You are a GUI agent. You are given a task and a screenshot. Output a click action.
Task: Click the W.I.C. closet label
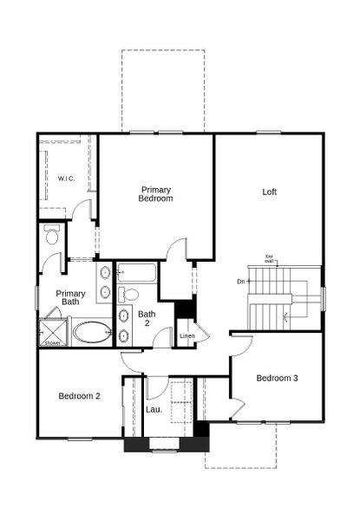pyautogui.click(x=67, y=179)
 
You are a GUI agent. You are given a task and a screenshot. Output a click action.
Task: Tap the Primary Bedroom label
pyautogui.click(x=156, y=194)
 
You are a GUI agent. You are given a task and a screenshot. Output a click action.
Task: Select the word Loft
pyautogui.click(x=270, y=192)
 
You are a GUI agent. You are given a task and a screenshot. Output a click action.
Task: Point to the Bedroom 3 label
pyautogui.click(x=278, y=378)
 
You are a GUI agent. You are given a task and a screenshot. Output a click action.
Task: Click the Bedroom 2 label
pyautogui.click(x=80, y=396)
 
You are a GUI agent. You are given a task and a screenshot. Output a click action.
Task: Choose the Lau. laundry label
pyautogui.click(x=154, y=408)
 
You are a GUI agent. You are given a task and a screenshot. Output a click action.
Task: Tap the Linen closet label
pyautogui.click(x=186, y=336)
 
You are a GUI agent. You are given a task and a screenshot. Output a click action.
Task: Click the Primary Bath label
pyautogui.click(x=70, y=297)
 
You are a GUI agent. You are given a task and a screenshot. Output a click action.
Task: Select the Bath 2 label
pyautogui.click(x=147, y=318)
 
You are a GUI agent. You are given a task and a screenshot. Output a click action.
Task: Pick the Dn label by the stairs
pyautogui.click(x=240, y=282)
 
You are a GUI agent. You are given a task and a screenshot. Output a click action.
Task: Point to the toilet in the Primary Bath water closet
pyautogui.click(x=51, y=235)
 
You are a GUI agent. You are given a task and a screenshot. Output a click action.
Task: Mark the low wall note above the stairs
pyautogui.click(x=269, y=257)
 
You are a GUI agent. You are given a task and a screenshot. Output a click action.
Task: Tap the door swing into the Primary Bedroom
pyautogui.click(x=176, y=251)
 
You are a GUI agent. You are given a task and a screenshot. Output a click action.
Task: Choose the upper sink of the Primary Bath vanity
pyautogui.click(x=105, y=272)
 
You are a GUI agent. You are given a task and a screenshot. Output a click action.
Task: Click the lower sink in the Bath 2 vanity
pyautogui.click(x=124, y=336)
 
